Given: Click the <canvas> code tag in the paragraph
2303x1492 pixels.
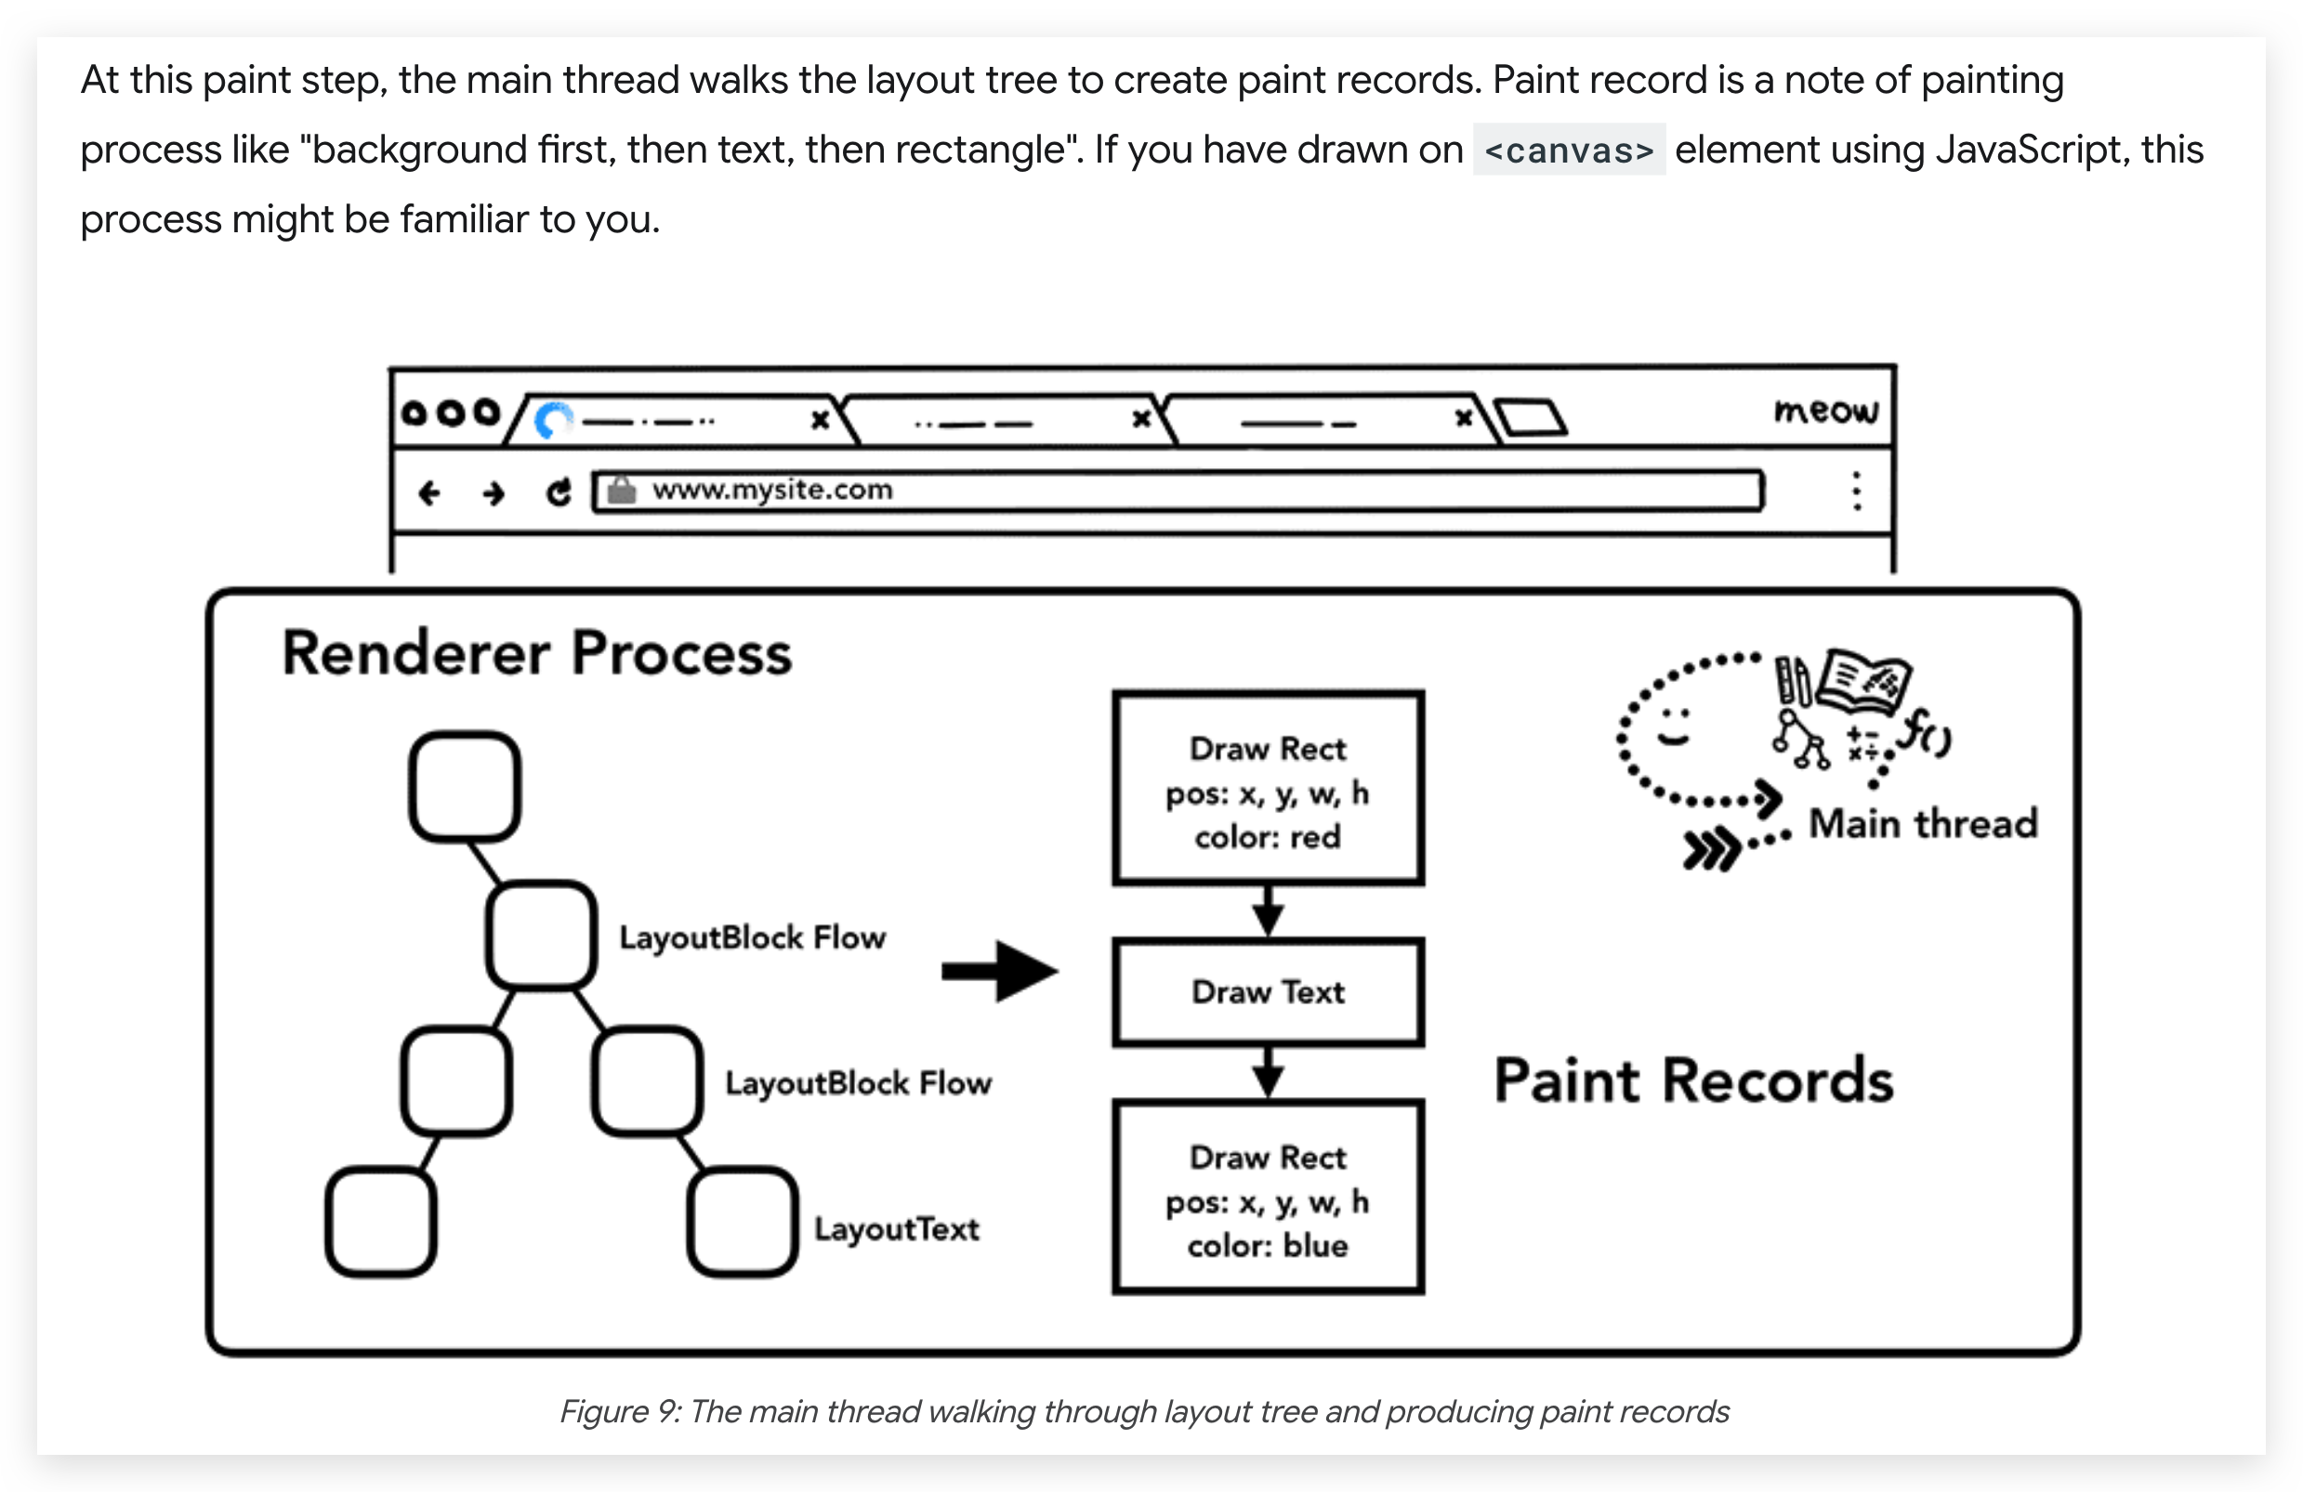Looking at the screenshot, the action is point(1569,150).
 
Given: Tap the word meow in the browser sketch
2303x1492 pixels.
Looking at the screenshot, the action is point(1825,411).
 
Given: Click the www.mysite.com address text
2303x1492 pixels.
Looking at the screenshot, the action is point(772,490).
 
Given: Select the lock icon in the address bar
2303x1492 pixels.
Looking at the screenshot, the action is point(621,490).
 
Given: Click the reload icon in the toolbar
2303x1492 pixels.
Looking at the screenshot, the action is point(559,492).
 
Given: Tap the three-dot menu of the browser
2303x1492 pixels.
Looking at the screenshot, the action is point(1856,491).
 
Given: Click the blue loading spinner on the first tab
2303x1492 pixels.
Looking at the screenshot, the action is point(554,420).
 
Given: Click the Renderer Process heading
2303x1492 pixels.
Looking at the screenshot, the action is point(537,653).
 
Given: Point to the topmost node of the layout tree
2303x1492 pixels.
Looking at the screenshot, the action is point(466,786).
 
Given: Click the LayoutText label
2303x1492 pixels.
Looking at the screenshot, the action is point(897,1229).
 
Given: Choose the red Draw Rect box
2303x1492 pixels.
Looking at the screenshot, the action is point(1268,788).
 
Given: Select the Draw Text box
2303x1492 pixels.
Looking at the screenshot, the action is point(1268,992).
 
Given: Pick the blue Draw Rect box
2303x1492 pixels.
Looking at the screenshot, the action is point(1268,1197).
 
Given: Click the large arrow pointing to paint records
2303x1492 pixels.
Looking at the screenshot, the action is point(1000,971).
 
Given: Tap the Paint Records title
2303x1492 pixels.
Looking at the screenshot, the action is point(1693,1080).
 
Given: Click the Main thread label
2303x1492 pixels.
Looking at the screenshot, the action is point(1924,823).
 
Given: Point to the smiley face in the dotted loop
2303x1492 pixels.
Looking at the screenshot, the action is point(1674,726).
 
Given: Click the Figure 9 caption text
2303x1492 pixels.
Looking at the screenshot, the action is point(1145,1412).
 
